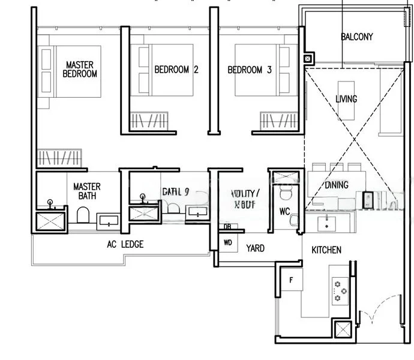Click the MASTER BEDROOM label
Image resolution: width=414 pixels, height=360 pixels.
81,69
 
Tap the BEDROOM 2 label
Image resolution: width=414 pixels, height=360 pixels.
176,70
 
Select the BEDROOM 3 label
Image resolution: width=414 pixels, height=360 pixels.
250,70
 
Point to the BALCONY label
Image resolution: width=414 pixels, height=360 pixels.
356,37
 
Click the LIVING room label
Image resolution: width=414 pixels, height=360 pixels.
346,99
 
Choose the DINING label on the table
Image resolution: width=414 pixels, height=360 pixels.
335,185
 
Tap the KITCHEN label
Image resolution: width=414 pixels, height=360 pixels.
326,250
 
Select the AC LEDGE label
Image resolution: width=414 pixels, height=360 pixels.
125,244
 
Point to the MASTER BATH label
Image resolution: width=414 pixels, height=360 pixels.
86,191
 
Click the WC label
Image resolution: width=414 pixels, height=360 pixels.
284,211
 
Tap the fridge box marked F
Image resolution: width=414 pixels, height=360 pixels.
291,280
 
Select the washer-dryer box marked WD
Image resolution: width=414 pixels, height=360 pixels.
228,243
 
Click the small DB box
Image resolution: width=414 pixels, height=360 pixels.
227,226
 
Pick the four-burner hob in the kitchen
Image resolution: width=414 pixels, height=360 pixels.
340,289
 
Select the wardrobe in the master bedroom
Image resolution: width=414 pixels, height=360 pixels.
58,159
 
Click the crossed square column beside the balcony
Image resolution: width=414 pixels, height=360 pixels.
308,59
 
